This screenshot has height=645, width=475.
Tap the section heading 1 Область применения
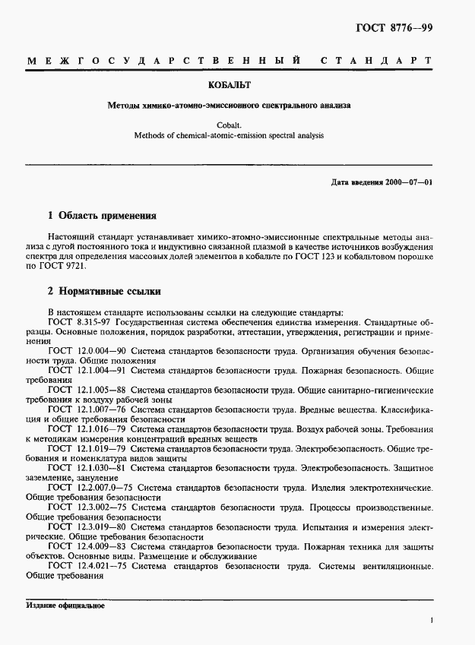(x=102, y=216)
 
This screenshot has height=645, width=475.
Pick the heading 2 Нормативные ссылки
(x=104, y=292)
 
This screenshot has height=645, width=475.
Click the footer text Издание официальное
(x=65, y=605)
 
